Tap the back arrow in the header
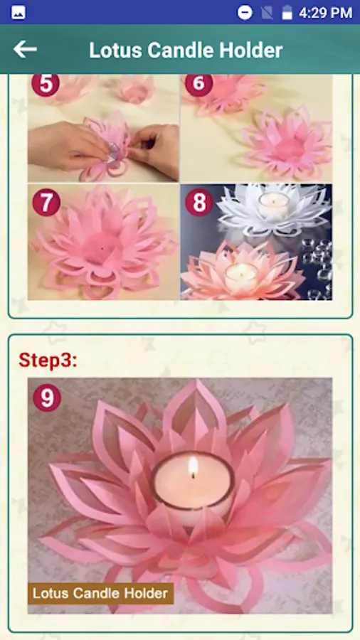(x=25, y=50)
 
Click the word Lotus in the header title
(x=115, y=50)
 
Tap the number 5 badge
(x=46, y=83)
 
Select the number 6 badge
(x=198, y=83)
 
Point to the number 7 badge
(x=46, y=202)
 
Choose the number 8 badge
(x=199, y=202)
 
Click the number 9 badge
(x=47, y=398)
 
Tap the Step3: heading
(x=48, y=360)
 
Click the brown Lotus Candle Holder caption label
(x=100, y=593)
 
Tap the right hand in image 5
(x=155, y=149)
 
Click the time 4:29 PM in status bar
(x=325, y=13)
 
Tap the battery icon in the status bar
(x=287, y=12)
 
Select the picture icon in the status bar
(x=18, y=12)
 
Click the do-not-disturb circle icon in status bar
(x=245, y=12)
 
